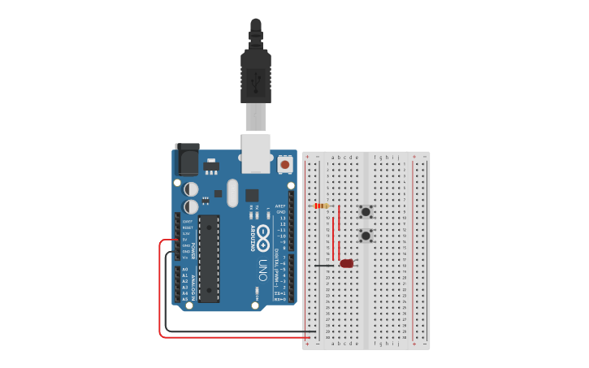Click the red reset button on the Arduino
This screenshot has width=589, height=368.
pos(284,165)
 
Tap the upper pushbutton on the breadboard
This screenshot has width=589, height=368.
pos(366,212)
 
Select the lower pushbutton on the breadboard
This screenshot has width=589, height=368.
pos(366,236)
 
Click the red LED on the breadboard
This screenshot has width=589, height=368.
pos(348,263)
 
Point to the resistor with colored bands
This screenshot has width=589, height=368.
pos(321,206)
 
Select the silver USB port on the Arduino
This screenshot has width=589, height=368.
pos(256,154)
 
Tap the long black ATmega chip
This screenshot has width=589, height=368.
pos(209,259)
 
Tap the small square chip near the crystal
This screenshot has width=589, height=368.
pos(252,195)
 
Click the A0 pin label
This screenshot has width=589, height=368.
pos(184,270)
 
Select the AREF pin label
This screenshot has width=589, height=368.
pos(280,206)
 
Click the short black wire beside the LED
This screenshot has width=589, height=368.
pos(324,265)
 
